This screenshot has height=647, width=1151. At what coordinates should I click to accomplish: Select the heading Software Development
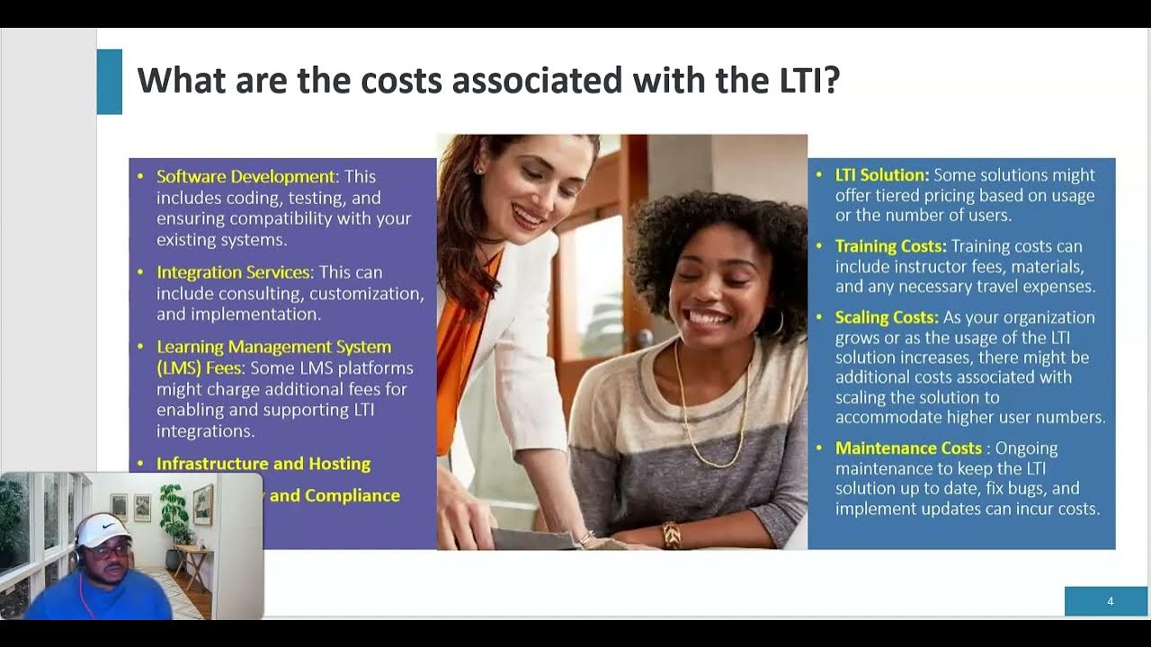point(245,177)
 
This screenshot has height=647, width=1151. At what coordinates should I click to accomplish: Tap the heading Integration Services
point(233,272)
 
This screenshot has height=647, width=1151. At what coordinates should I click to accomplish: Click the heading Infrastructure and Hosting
point(263,464)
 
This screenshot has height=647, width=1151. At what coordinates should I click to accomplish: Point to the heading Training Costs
point(890,246)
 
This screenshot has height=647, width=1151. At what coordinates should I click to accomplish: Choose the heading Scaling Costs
point(887,317)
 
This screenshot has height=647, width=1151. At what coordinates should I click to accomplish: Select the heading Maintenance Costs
point(908,448)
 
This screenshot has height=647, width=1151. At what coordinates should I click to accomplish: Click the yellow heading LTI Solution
point(881,175)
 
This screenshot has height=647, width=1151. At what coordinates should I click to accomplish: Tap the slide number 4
point(1110,601)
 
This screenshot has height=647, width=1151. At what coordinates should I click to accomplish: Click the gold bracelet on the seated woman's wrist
point(671,535)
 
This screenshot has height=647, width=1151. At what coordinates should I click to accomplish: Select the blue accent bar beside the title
point(109,82)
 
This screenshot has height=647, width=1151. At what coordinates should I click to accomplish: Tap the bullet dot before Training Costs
point(819,246)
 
